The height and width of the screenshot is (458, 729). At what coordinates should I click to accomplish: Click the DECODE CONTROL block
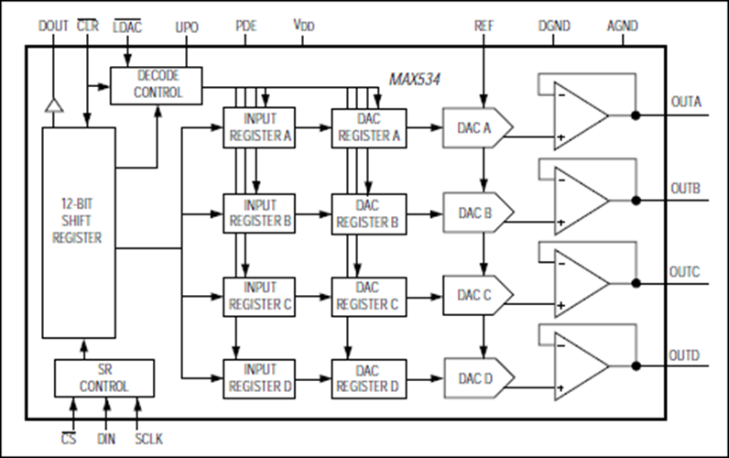[x=157, y=85]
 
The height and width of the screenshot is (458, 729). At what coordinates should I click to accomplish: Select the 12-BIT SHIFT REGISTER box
[x=79, y=233]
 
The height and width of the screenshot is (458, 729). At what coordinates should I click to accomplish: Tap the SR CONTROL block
[x=104, y=378]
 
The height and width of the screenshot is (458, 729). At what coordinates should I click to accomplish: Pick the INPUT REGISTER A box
[x=259, y=128]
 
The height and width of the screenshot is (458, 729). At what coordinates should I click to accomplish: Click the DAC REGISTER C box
[x=369, y=297]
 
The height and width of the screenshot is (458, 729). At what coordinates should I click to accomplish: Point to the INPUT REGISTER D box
[x=259, y=378]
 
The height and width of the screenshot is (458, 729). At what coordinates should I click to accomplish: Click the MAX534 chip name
[x=414, y=80]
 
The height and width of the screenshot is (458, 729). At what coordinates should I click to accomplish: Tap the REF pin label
[x=484, y=26]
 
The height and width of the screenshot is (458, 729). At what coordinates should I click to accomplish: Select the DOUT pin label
[x=53, y=26]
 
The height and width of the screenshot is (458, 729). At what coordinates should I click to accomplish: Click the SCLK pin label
[x=148, y=439]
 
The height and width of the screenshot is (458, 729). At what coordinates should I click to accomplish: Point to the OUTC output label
[x=684, y=271]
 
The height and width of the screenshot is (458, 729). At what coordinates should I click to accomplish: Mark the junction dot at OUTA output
[x=636, y=115]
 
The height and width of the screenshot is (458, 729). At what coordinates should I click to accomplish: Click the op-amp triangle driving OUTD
[x=582, y=365]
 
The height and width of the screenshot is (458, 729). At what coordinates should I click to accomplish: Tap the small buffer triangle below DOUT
[x=54, y=105]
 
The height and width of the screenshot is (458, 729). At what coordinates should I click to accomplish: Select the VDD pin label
[x=303, y=25]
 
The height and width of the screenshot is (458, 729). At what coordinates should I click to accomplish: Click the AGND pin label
[x=623, y=26]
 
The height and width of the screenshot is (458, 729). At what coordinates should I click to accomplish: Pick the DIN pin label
[x=106, y=439]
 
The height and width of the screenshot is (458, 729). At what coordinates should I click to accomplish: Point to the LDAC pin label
[x=127, y=27]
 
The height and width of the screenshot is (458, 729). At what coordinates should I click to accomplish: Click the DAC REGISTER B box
[x=369, y=214]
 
